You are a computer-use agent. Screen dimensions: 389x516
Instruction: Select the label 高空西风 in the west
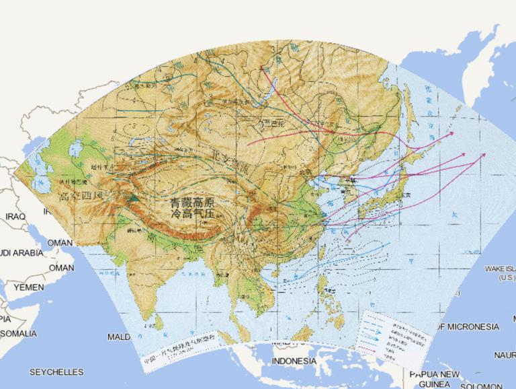[81, 197]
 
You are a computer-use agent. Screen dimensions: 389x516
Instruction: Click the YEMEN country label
[28, 287]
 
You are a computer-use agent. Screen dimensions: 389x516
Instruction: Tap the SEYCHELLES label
[56, 372]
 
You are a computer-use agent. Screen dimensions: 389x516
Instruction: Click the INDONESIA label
[294, 361]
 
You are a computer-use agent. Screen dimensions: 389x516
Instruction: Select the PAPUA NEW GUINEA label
[434, 379]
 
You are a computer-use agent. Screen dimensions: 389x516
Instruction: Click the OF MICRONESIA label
[468, 327]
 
